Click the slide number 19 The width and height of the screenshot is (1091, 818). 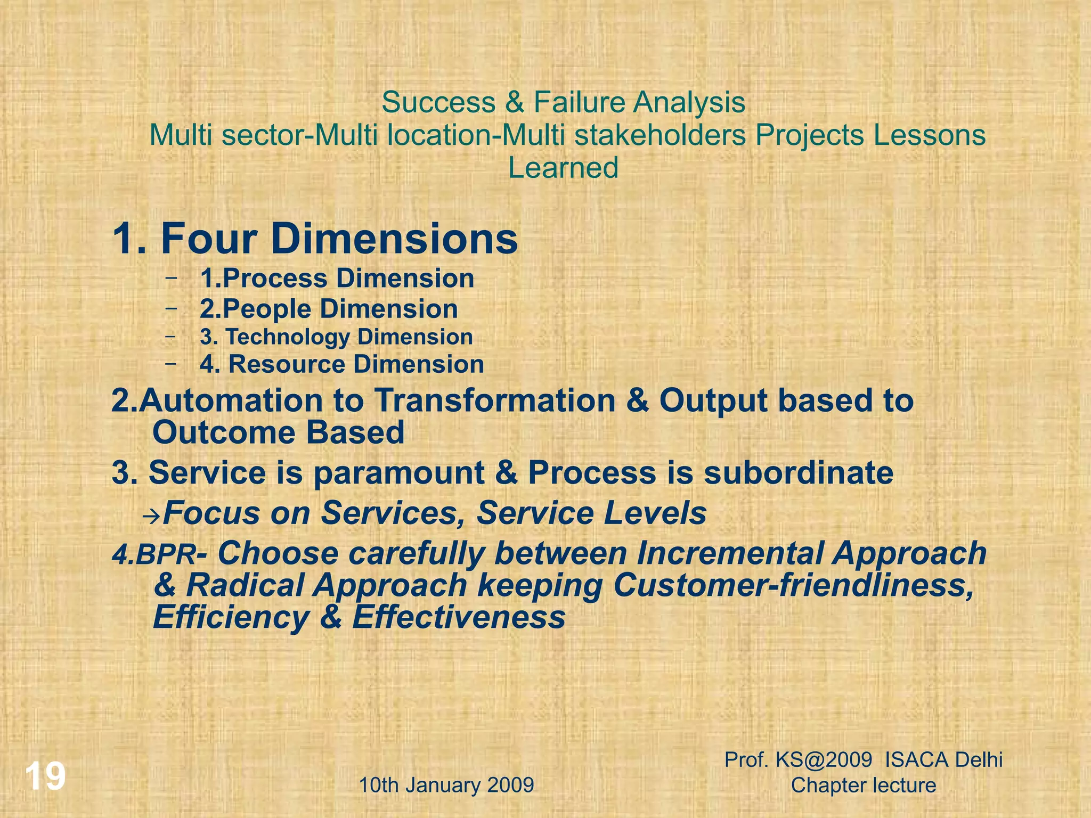tap(46, 776)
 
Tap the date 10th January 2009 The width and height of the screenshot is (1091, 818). tap(446, 785)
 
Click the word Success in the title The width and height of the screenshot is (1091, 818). tap(438, 102)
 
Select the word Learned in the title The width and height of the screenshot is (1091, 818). tap(563, 168)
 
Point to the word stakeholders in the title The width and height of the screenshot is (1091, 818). tap(660, 135)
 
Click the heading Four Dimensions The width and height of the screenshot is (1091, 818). tap(339, 239)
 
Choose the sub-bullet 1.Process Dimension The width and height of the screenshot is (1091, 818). tap(337, 279)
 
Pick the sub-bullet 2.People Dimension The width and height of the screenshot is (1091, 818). tap(329, 309)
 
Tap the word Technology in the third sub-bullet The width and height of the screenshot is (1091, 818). tap(287, 337)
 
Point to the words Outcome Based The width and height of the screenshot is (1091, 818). tap(278, 432)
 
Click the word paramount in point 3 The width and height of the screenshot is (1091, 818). tap(399, 473)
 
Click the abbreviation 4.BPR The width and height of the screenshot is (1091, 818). tap(153, 555)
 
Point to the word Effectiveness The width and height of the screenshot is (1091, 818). tap(459, 618)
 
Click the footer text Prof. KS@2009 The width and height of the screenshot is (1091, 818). tap(798, 759)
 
